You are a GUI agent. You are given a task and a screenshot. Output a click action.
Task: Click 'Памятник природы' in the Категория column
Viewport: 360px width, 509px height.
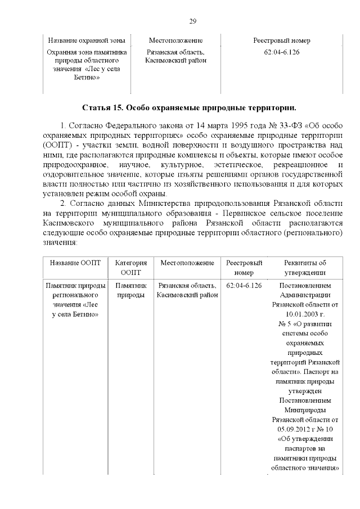[x=131, y=290]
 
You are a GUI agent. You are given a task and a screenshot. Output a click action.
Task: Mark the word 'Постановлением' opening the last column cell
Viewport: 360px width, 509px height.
[x=305, y=285]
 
